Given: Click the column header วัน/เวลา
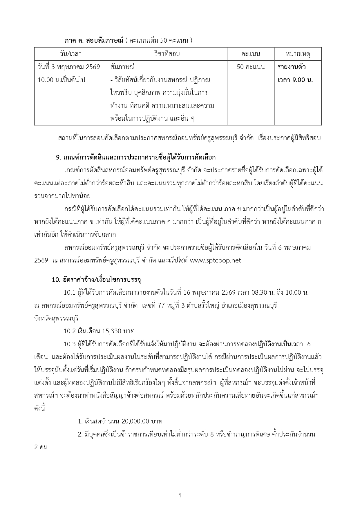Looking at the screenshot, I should click(70, 54).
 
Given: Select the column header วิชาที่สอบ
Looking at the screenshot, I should click(167, 54).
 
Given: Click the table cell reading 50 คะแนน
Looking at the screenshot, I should click(251, 67).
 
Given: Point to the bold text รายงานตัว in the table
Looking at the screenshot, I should click(292, 67).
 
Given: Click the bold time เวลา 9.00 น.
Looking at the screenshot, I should click(295, 80).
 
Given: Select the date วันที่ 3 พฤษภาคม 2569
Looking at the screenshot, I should click(69, 67).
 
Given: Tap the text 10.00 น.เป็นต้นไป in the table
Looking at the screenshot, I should click(61, 80).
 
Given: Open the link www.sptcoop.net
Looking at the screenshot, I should click(215, 260).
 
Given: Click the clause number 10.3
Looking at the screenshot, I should click(69, 344).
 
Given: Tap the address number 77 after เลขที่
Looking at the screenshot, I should click(161, 306).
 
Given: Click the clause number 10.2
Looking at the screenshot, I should click(69, 331).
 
